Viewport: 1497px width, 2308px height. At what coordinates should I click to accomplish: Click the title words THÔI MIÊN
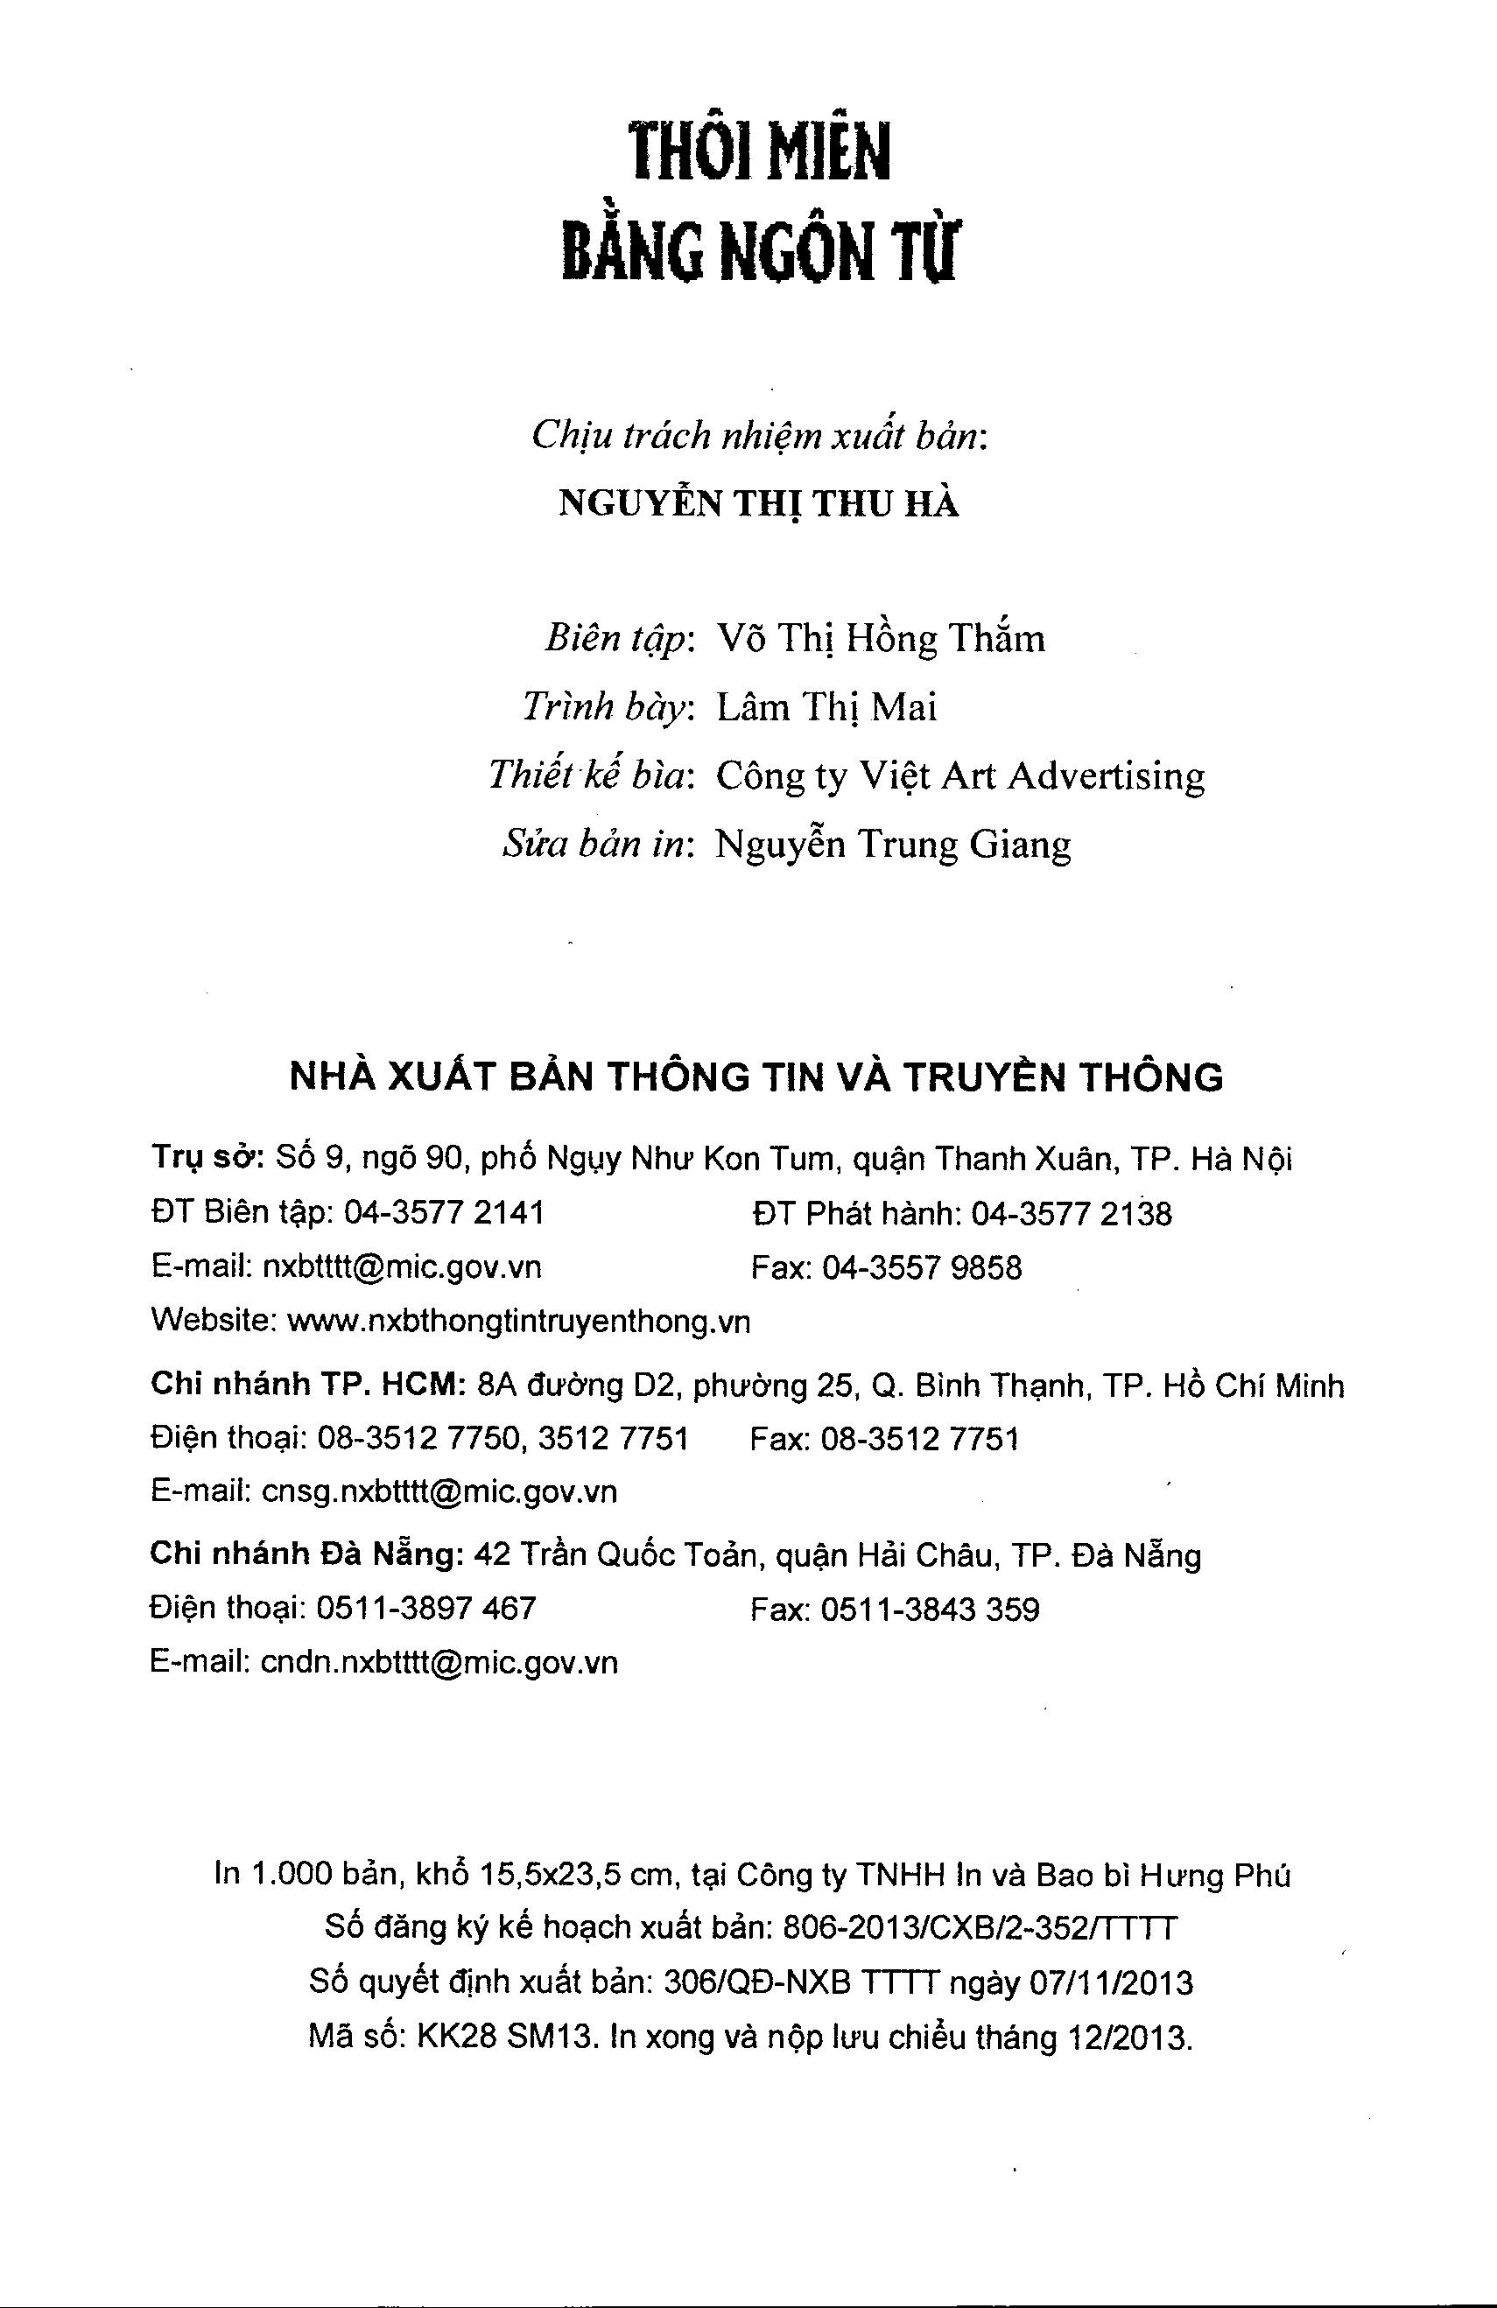coord(759,153)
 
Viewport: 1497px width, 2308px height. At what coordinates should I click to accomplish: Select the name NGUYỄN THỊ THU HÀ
coord(759,506)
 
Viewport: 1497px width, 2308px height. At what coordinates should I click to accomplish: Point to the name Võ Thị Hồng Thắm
coord(880,639)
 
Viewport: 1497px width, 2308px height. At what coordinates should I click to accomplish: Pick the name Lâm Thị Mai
coord(826,708)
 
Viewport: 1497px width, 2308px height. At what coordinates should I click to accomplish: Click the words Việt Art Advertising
coord(1032,775)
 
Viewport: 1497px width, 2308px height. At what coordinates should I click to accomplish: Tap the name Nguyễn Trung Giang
coord(893,845)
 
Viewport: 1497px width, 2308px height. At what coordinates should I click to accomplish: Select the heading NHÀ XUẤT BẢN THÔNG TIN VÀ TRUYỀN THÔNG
coord(756,1077)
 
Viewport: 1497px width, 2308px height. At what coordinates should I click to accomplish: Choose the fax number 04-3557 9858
coord(922,1267)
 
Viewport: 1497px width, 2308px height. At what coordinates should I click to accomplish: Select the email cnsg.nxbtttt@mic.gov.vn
coord(439,1491)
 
